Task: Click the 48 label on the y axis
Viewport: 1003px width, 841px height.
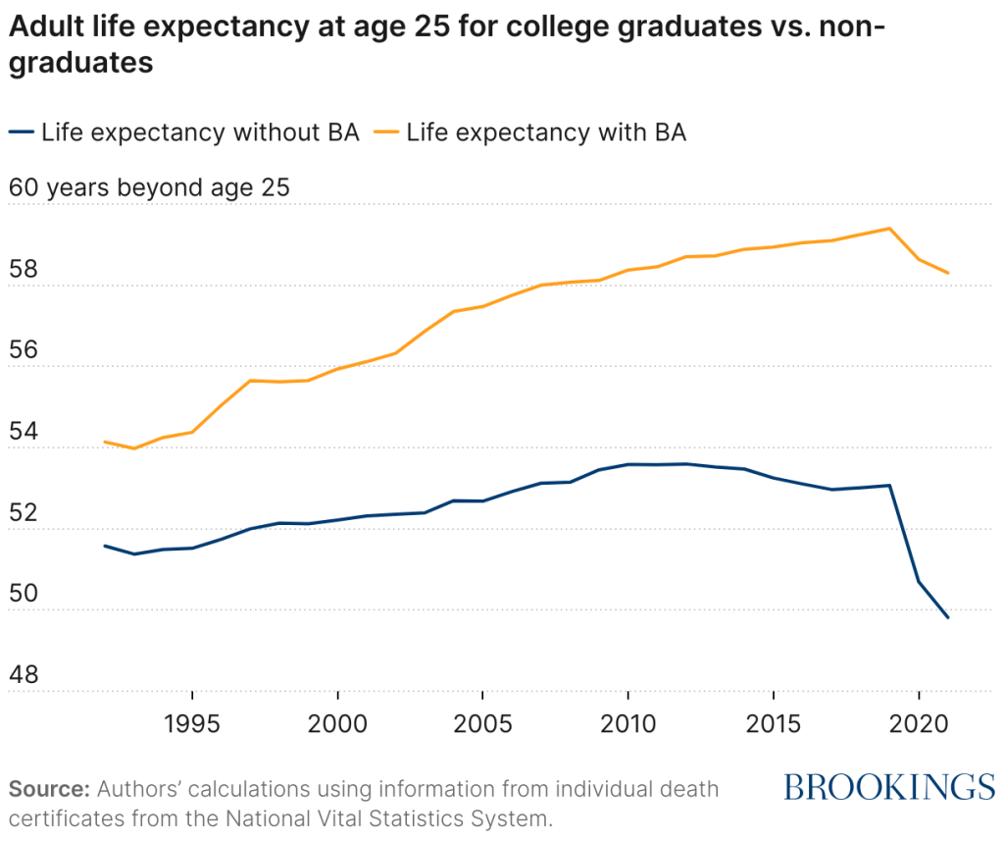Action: (27, 675)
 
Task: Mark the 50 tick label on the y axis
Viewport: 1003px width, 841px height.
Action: (27, 594)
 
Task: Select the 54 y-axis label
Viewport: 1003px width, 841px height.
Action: (27, 432)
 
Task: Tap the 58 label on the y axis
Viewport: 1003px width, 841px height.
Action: (27, 270)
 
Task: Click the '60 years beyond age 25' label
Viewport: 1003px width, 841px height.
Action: (149, 187)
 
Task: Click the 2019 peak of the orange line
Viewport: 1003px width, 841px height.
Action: (889, 229)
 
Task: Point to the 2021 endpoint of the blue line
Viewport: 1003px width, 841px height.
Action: (948, 617)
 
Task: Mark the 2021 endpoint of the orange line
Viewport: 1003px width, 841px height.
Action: (948, 273)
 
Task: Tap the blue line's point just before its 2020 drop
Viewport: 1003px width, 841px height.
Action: (889, 485)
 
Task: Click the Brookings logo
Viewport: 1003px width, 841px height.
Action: (889, 787)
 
